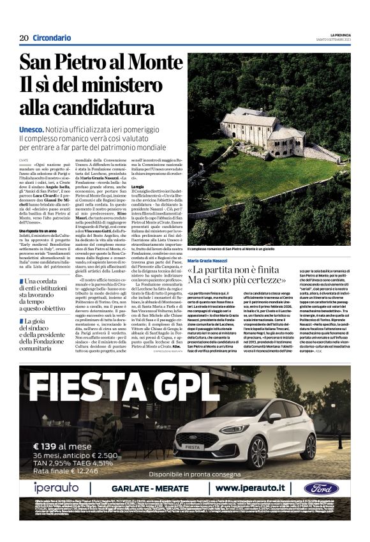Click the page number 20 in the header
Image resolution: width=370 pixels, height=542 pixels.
(23, 38)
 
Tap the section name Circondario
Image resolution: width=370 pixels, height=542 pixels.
(52, 38)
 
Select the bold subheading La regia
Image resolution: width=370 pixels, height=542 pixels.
(137, 186)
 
